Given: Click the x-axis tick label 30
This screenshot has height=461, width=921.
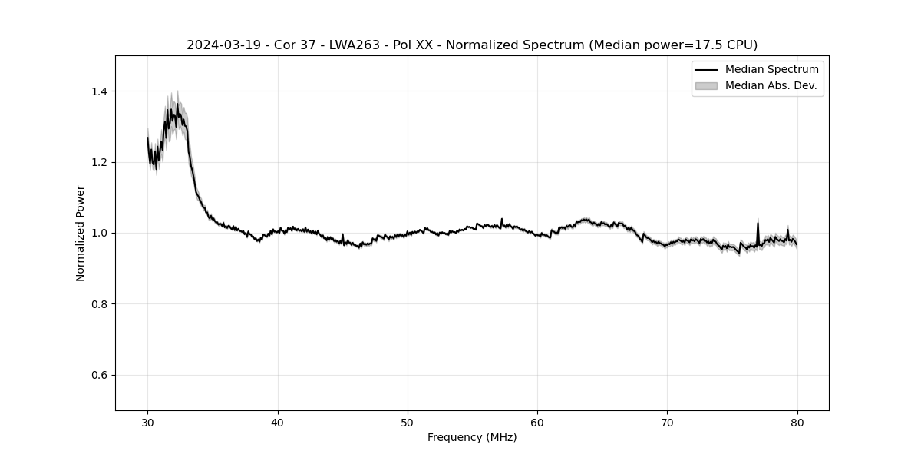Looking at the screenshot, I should click(148, 422).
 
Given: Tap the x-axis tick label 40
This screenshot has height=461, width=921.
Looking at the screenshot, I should click(278, 422).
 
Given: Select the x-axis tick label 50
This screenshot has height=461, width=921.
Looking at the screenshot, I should click(408, 422).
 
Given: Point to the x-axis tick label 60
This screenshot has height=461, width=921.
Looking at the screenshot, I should click(537, 422).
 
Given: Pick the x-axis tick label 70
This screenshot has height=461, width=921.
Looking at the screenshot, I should click(667, 422).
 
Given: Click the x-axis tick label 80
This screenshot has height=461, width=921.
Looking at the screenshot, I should click(797, 422).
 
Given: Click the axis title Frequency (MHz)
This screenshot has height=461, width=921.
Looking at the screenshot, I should click(472, 437).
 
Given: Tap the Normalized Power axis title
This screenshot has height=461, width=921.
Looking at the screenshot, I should click(81, 233).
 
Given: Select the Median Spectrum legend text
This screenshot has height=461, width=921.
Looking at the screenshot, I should click(771, 70).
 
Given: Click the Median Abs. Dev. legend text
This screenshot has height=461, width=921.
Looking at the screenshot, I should click(771, 86).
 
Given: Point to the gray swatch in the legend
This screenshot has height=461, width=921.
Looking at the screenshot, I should click(706, 86).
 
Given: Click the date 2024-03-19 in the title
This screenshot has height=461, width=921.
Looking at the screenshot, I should click(219, 45).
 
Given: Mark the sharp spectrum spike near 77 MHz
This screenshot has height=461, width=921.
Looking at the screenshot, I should click(758, 224).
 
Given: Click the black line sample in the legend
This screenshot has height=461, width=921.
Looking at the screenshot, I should click(706, 70).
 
